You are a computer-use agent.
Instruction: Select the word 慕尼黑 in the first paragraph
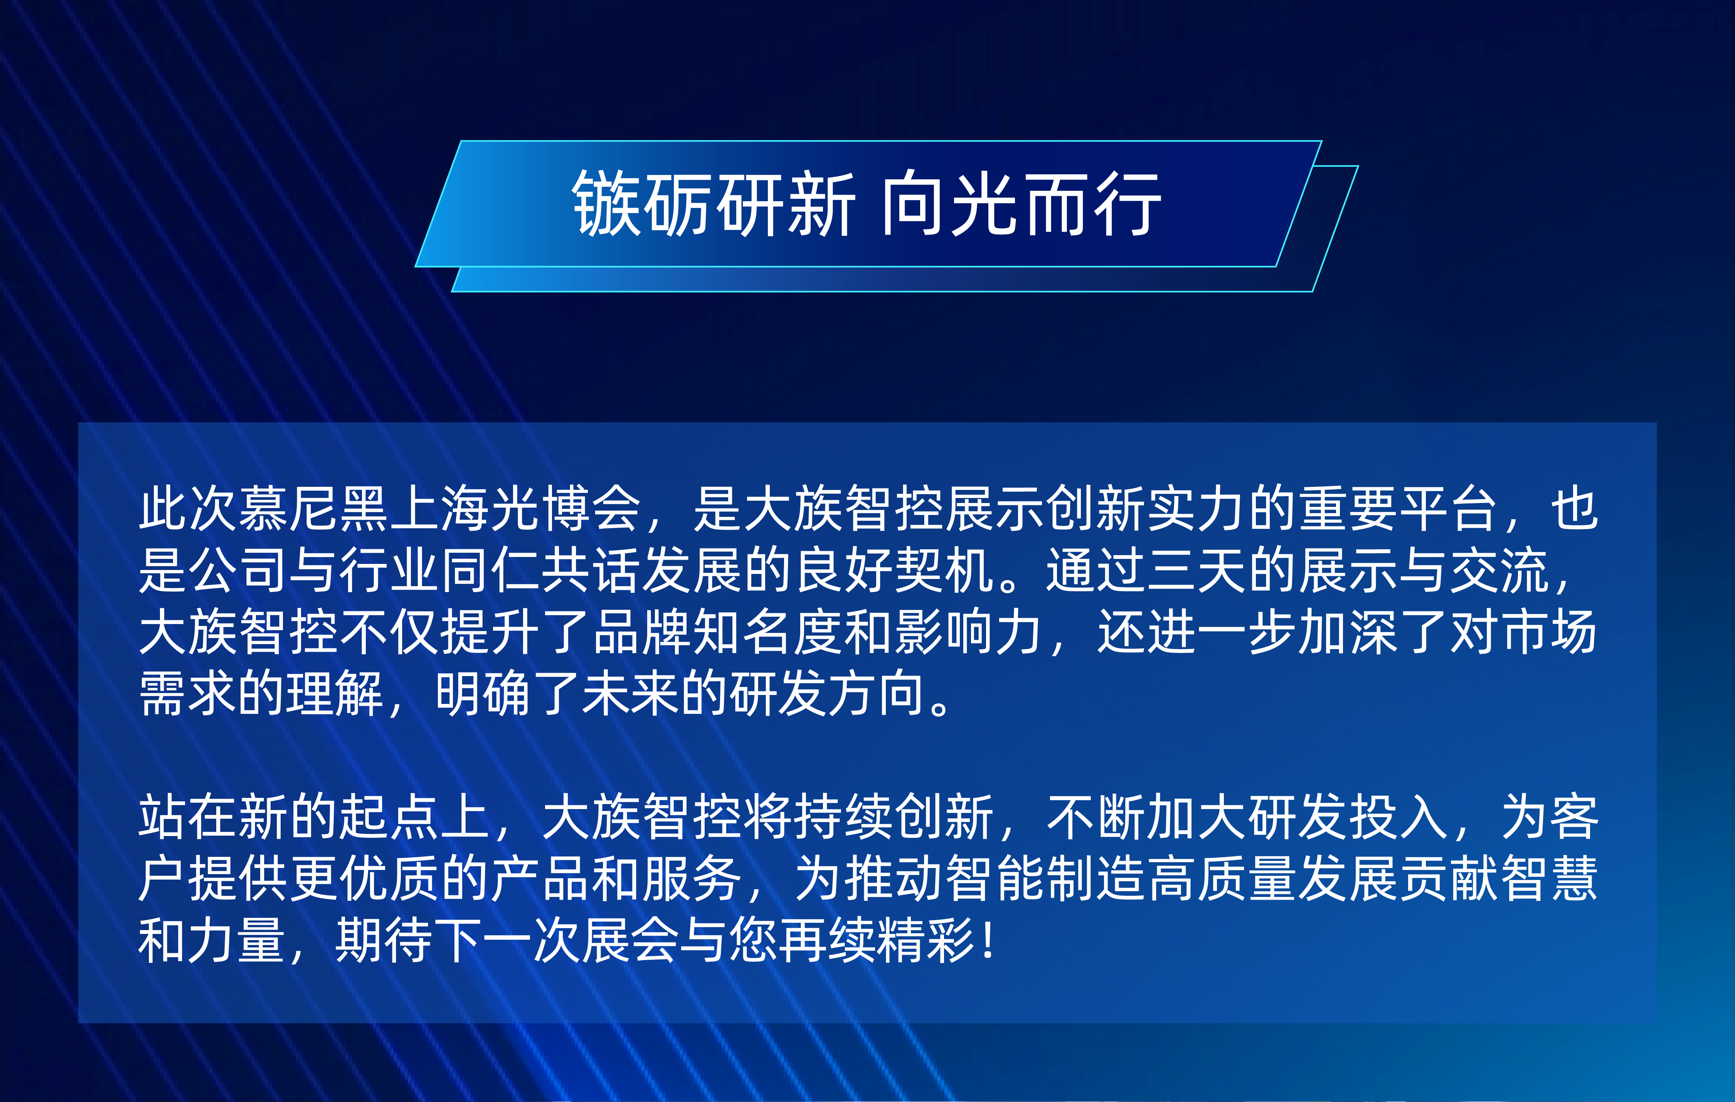[x=314, y=508]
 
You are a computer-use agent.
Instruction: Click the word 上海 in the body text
[x=440, y=508]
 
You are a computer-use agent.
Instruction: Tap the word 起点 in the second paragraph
[x=390, y=817]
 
